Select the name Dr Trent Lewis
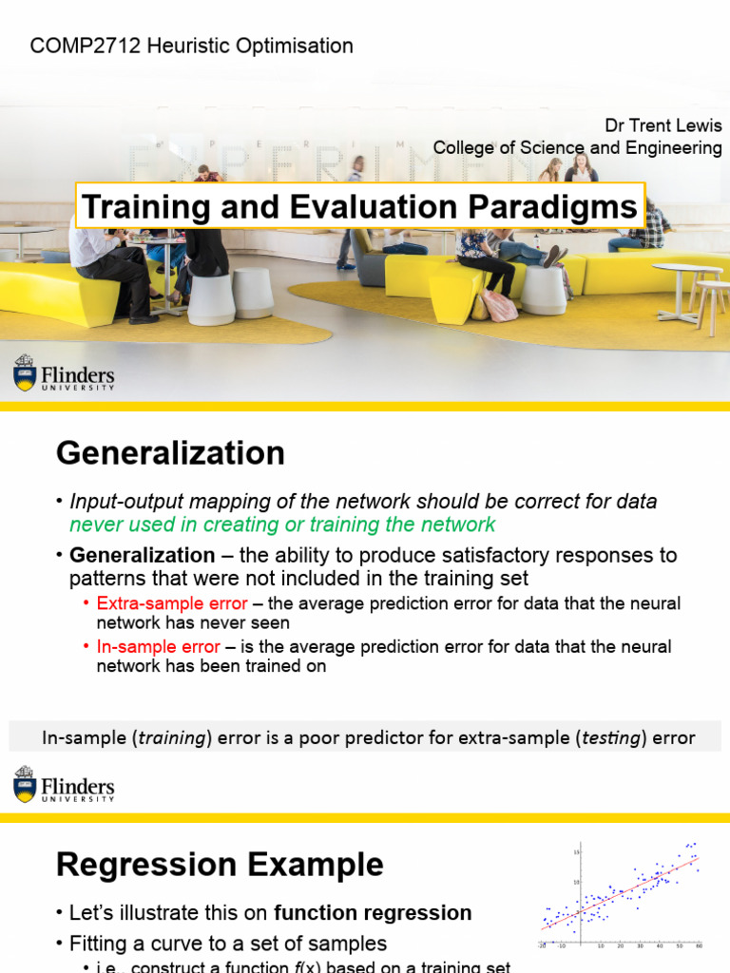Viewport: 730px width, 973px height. click(x=663, y=126)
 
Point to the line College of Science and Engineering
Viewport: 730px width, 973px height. click(x=577, y=148)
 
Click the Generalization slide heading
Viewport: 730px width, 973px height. click(x=170, y=453)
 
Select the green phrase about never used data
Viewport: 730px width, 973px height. click(x=282, y=525)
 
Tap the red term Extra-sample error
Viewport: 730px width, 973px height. click(x=172, y=603)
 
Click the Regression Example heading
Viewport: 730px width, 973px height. click(x=220, y=865)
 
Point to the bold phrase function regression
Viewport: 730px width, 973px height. click(x=373, y=913)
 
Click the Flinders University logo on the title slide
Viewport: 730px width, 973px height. click(x=64, y=372)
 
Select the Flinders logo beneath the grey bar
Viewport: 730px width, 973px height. click(x=64, y=785)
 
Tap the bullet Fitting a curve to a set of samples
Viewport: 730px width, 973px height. click(x=228, y=944)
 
